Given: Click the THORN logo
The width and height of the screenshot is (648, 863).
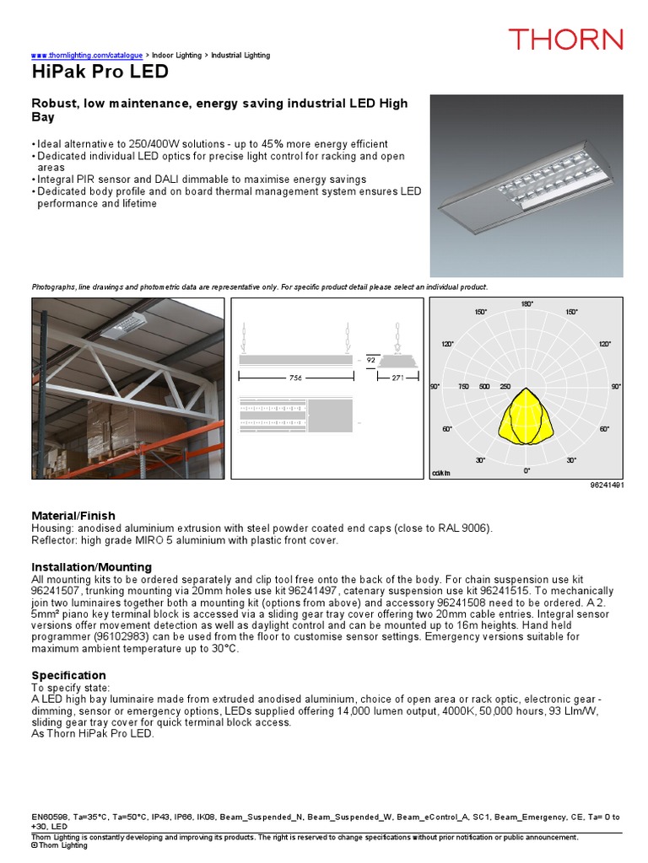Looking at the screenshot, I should (564, 39).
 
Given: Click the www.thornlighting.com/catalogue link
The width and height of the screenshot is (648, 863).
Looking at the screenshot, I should (81, 56).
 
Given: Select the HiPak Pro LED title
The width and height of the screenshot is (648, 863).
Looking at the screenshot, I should (100, 72).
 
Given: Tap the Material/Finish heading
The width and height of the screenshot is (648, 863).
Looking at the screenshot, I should (73, 515).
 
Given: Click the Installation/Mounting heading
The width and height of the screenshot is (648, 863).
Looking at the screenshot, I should (91, 567).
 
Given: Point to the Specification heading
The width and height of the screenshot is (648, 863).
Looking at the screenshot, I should (68, 675).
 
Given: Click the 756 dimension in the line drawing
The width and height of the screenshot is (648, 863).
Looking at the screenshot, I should (296, 378).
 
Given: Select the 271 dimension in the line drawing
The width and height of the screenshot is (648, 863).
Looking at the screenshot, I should (397, 378).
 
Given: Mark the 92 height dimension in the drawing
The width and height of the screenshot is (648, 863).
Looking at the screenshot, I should (370, 359).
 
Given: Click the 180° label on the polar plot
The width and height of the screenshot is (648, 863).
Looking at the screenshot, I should (526, 303).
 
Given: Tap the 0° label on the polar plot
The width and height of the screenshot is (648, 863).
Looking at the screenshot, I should (526, 470).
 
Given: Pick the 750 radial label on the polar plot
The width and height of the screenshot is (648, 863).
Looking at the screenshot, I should (463, 387).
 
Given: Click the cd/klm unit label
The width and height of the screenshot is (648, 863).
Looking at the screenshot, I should (441, 474).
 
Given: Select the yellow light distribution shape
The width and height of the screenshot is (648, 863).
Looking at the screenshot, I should (526, 416).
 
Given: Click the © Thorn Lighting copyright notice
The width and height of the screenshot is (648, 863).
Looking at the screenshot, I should (59, 844).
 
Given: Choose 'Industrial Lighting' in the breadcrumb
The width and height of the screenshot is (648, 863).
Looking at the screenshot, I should (240, 56).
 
